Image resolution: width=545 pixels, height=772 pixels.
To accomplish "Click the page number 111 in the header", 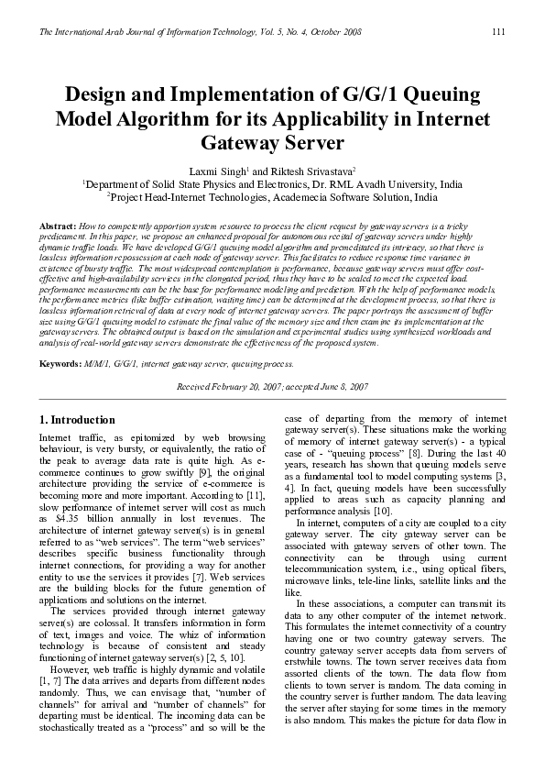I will [x=499, y=33].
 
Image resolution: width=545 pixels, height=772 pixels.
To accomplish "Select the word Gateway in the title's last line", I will [x=242, y=144].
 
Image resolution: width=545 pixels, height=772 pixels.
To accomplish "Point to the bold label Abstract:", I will [x=57, y=225].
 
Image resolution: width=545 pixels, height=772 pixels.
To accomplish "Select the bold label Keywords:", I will [x=60, y=364].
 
